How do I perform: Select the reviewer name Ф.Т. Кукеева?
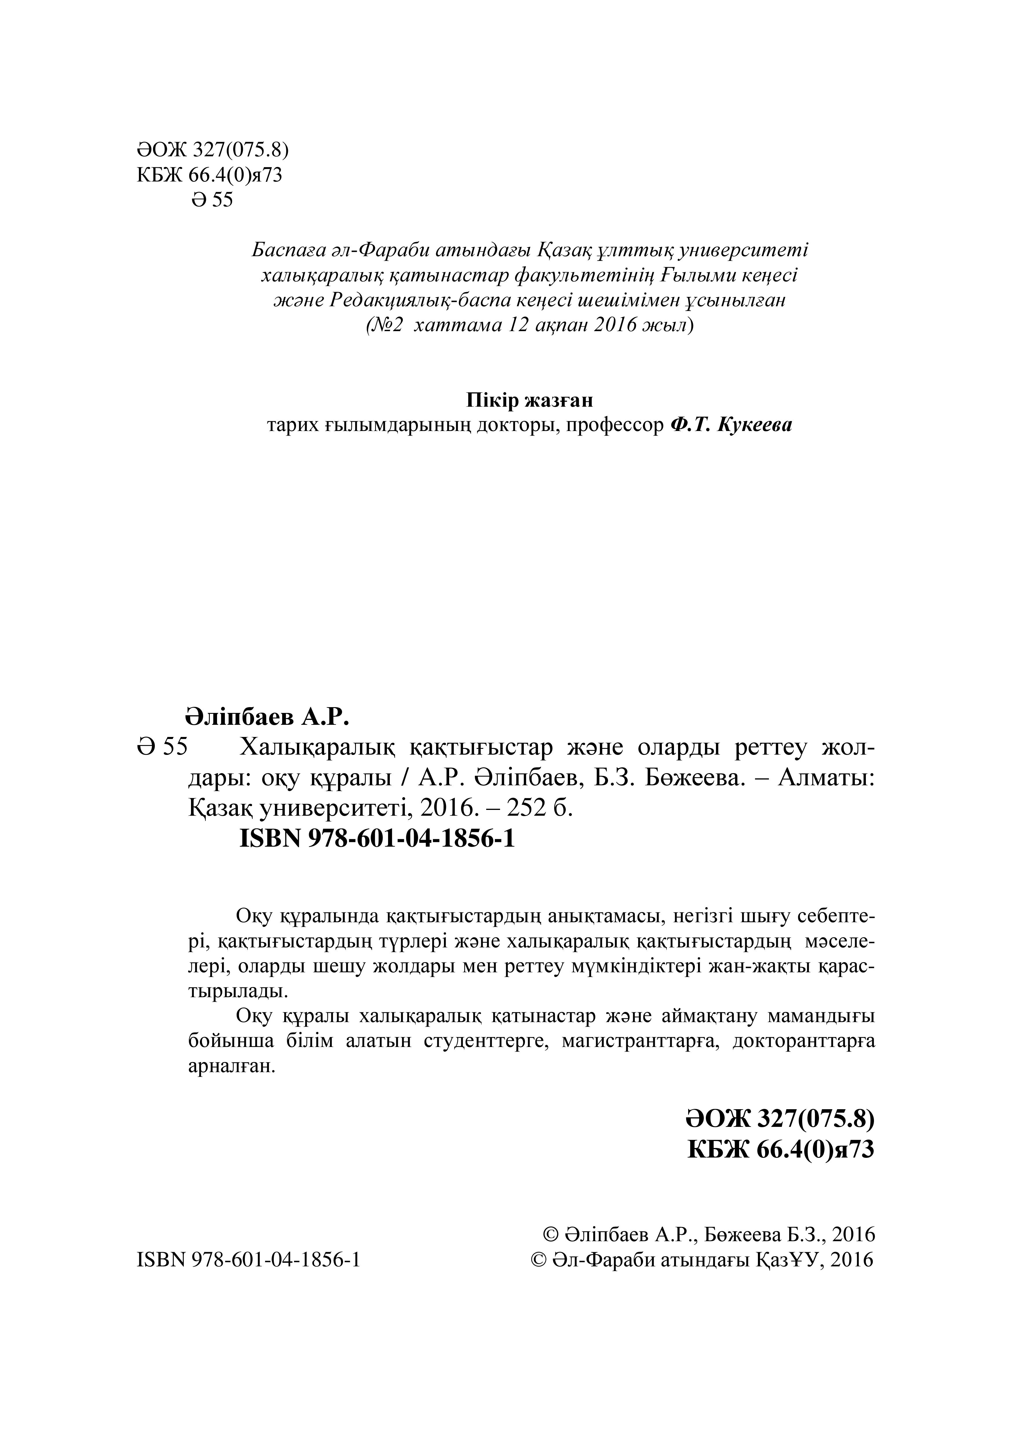(730, 425)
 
